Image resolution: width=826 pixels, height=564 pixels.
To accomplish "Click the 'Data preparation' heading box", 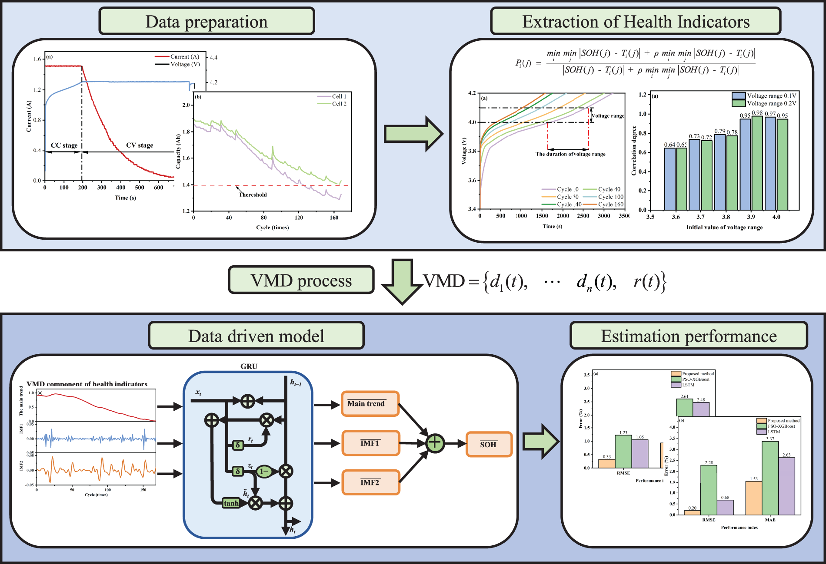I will point(206,21).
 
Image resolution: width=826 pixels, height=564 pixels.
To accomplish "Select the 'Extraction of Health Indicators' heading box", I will point(636,21).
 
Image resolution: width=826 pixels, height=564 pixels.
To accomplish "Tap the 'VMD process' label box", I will point(301,280).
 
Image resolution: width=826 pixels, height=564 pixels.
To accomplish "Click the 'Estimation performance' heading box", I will point(689,336).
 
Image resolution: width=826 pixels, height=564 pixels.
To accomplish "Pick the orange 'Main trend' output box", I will point(370,404).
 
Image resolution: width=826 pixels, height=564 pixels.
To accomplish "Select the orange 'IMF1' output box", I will point(370,443).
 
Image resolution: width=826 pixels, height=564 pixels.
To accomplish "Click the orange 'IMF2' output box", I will point(370,482).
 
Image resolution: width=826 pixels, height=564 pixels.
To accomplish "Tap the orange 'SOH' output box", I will point(489,444).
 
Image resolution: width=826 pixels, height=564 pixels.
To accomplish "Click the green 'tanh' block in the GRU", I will point(231,503).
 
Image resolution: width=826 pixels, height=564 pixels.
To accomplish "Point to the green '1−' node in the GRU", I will point(264,471).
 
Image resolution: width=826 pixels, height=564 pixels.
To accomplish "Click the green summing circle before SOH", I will point(435,443).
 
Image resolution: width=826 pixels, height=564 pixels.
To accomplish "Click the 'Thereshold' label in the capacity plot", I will point(253,195).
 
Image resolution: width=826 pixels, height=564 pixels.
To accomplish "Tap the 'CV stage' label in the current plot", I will point(140,145).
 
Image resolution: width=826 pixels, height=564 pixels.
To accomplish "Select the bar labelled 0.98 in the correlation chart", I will point(757,163).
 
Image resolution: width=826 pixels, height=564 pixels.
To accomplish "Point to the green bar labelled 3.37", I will point(770,478).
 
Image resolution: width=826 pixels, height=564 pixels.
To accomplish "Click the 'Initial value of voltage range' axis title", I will point(724,227).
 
